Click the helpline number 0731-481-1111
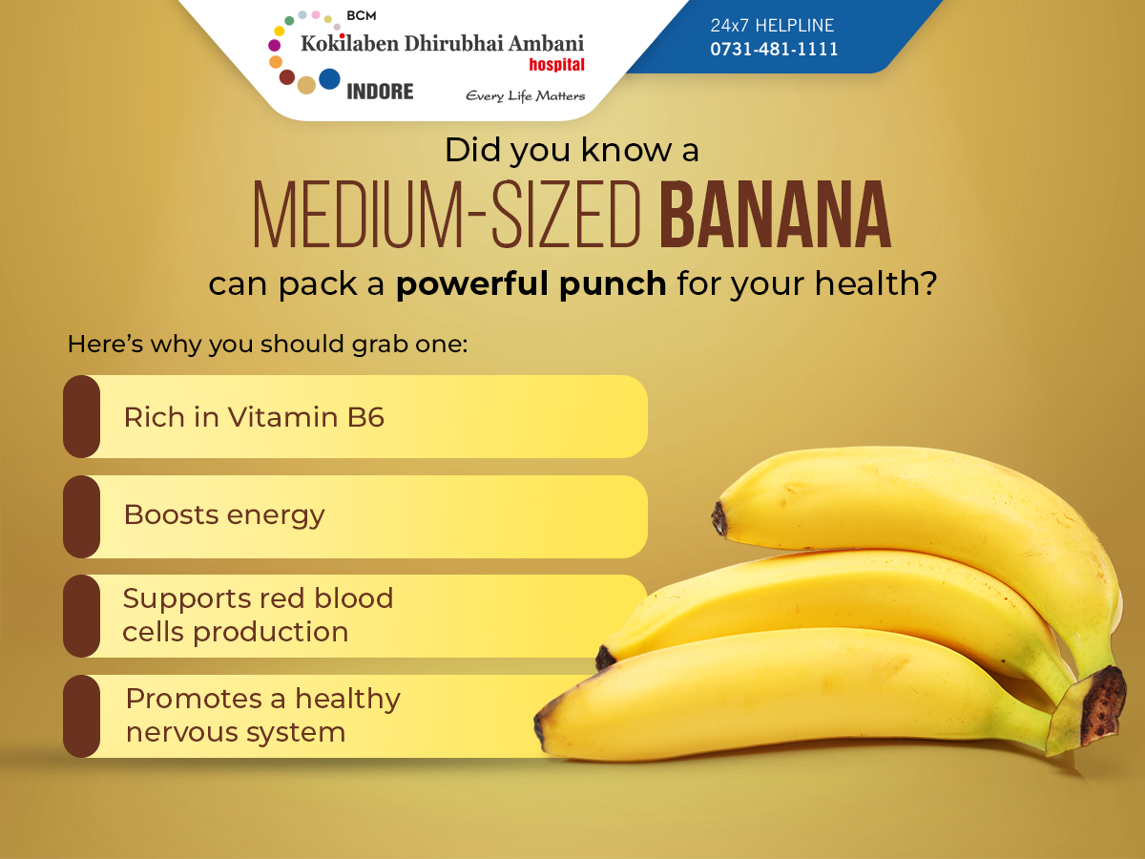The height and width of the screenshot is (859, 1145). tap(774, 49)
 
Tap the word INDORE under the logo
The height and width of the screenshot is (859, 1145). tap(380, 92)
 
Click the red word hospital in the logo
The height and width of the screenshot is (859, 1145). tap(556, 65)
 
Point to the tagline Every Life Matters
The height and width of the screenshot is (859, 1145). tap(526, 96)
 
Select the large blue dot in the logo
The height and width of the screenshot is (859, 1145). tap(329, 79)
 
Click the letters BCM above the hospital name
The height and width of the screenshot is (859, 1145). tap(362, 16)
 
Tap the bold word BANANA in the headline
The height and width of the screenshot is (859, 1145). tap(775, 214)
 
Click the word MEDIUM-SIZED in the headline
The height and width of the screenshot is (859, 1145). tap(447, 214)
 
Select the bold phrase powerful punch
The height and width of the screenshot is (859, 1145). tap(531, 284)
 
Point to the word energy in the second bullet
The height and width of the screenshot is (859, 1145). tap(276, 515)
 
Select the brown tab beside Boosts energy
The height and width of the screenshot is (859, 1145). tap(81, 516)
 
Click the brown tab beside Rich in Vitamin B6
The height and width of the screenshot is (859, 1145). tap(81, 417)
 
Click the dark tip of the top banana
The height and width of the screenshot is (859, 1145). tap(719, 518)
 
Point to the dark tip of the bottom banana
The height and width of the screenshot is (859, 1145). tap(539, 726)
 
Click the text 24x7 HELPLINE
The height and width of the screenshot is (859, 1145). tap(772, 25)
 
